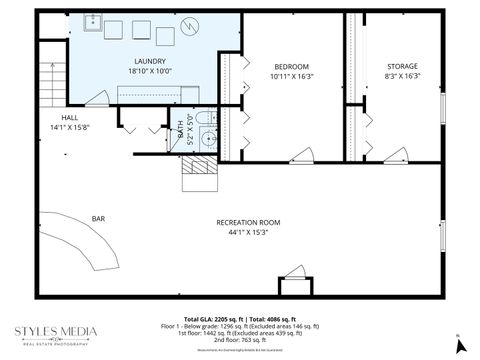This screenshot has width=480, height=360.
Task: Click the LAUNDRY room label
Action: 150,61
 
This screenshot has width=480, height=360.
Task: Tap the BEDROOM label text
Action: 291,66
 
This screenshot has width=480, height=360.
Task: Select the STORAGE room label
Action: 403,66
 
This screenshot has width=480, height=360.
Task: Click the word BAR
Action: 99,218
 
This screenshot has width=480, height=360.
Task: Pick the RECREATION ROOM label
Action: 248,222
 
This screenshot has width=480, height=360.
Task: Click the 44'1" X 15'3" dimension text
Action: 248,233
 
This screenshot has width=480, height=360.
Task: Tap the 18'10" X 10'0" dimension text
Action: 150,72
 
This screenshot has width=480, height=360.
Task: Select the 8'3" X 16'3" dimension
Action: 403,76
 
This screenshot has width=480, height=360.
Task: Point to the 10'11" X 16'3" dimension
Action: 291,76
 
